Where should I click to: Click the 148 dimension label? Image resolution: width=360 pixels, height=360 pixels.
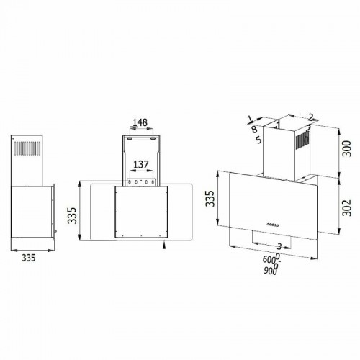click(140, 122)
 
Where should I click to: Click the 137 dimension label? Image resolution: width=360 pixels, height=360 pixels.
click(141, 165)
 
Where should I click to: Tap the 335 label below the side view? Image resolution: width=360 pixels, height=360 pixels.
click(29, 258)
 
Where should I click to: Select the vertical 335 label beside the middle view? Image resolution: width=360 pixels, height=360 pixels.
click(72, 215)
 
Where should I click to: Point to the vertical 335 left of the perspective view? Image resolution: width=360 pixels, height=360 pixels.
click(210, 198)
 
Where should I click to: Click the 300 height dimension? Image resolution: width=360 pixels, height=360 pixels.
click(346, 148)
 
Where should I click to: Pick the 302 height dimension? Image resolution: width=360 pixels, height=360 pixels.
click(346, 207)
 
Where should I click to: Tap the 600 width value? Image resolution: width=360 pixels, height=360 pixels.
click(269, 259)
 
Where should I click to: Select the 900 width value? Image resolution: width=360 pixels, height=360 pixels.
click(270, 271)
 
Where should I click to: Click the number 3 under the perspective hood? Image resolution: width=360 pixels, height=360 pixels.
click(279, 246)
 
